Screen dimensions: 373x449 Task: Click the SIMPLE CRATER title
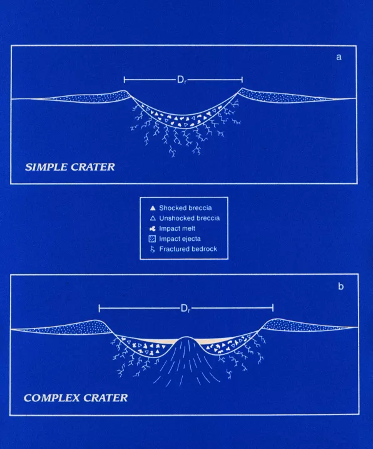click(70, 167)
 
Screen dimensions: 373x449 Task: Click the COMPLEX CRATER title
click(76, 398)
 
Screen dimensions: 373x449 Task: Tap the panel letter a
click(339, 57)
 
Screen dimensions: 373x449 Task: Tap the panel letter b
click(340, 287)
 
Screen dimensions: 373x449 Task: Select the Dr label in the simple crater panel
click(181, 80)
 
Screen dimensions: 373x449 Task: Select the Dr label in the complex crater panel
click(185, 309)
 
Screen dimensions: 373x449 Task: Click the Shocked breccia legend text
click(185, 208)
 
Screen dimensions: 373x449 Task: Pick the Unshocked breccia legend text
click(190, 218)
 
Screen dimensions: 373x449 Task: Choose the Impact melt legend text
click(177, 228)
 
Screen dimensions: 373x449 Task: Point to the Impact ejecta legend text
click(180, 239)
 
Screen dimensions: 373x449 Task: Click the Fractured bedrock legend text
click(188, 249)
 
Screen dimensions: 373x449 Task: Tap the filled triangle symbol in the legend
click(153, 208)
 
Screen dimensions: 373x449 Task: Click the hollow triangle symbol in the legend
click(153, 218)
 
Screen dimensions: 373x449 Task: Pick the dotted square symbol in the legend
click(153, 239)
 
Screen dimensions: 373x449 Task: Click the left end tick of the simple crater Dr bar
click(124, 80)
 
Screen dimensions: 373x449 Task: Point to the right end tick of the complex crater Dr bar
click(273, 308)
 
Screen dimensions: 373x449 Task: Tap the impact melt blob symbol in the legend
click(153, 228)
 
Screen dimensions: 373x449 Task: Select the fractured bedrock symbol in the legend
click(153, 250)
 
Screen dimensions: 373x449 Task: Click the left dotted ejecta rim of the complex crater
click(80, 327)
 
